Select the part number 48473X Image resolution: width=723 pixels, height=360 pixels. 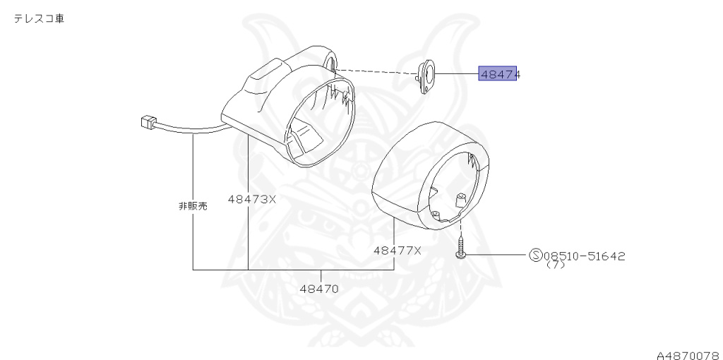click(x=252, y=200)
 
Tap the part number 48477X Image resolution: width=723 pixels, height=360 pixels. click(x=398, y=251)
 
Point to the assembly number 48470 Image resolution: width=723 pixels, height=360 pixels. click(x=319, y=289)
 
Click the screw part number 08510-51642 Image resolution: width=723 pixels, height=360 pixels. click(x=585, y=256)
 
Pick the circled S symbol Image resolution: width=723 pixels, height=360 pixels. click(x=536, y=255)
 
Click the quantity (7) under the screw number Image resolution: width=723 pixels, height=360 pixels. click(x=555, y=265)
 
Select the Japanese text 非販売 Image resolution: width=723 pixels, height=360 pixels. click(x=193, y=206)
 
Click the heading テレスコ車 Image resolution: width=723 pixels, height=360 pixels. click(x=39, y=19)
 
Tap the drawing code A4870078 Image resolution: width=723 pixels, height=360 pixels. click(x=689, y=355)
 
